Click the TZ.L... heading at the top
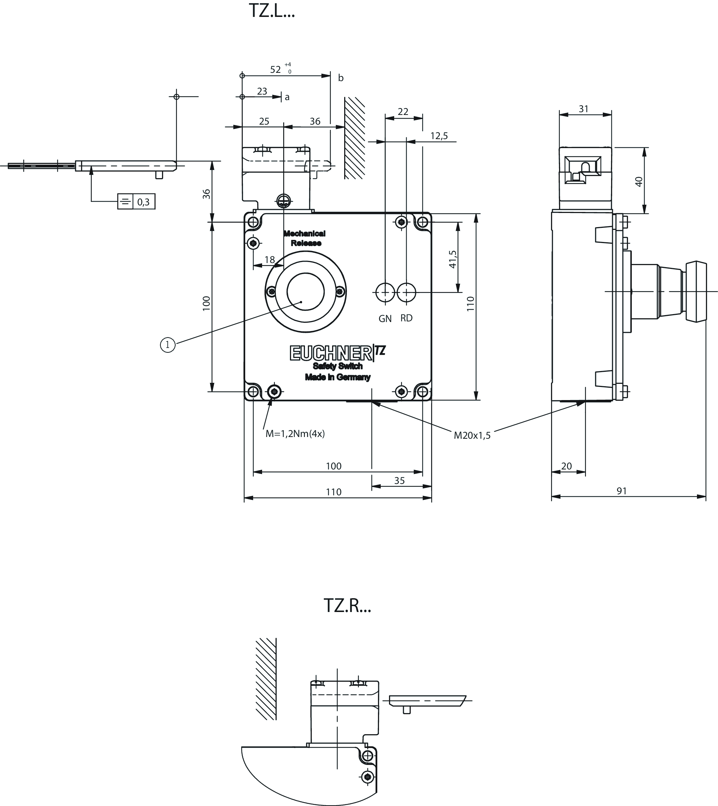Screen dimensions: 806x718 coord(272,11)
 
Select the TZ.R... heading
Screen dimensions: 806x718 coord(347,605)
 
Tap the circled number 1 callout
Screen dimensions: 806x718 coord(168,345)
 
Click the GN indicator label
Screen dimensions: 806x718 coord(385,318)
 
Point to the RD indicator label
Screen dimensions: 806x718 coord(406,318)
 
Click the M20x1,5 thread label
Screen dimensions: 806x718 coord(472,435)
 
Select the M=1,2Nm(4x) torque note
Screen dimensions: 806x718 coord(295,434)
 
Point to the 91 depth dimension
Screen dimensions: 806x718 coord(622,491)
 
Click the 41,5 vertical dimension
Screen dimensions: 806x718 coord(453,259)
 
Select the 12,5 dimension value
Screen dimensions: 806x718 coord(439,136)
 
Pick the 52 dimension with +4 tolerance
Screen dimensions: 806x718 coord(276,69)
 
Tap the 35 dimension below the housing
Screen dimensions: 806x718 coord(400,480)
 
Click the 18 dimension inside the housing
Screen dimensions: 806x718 coord(269,260)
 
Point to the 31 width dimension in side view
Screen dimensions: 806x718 coord(584,109)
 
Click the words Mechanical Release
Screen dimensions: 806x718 coord(305,238)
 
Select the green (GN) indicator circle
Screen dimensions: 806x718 coord(386,292)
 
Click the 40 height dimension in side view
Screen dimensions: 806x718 coord(639,181)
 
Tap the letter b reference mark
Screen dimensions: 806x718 coord(341,78)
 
